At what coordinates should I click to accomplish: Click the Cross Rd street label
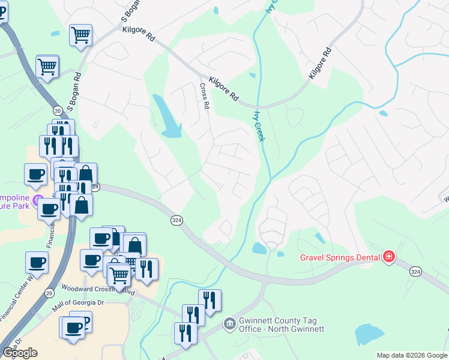coord(205,96)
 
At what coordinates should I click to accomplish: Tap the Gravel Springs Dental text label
coord(340,258)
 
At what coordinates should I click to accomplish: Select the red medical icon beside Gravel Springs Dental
coord(389,257)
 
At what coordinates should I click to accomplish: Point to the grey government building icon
coord(229,325)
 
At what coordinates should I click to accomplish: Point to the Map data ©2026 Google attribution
coord(412,355)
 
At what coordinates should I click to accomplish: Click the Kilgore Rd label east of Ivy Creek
coord(319,64)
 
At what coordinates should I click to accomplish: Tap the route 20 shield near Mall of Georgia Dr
coord(49,292)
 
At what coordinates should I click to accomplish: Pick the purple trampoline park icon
coord(38,199)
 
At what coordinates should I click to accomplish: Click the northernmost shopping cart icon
coord(80,34)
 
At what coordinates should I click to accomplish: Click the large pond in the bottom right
coord(369,334)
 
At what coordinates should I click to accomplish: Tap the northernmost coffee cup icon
coord(35,174)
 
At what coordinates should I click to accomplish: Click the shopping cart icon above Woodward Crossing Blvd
coord(119,275)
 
